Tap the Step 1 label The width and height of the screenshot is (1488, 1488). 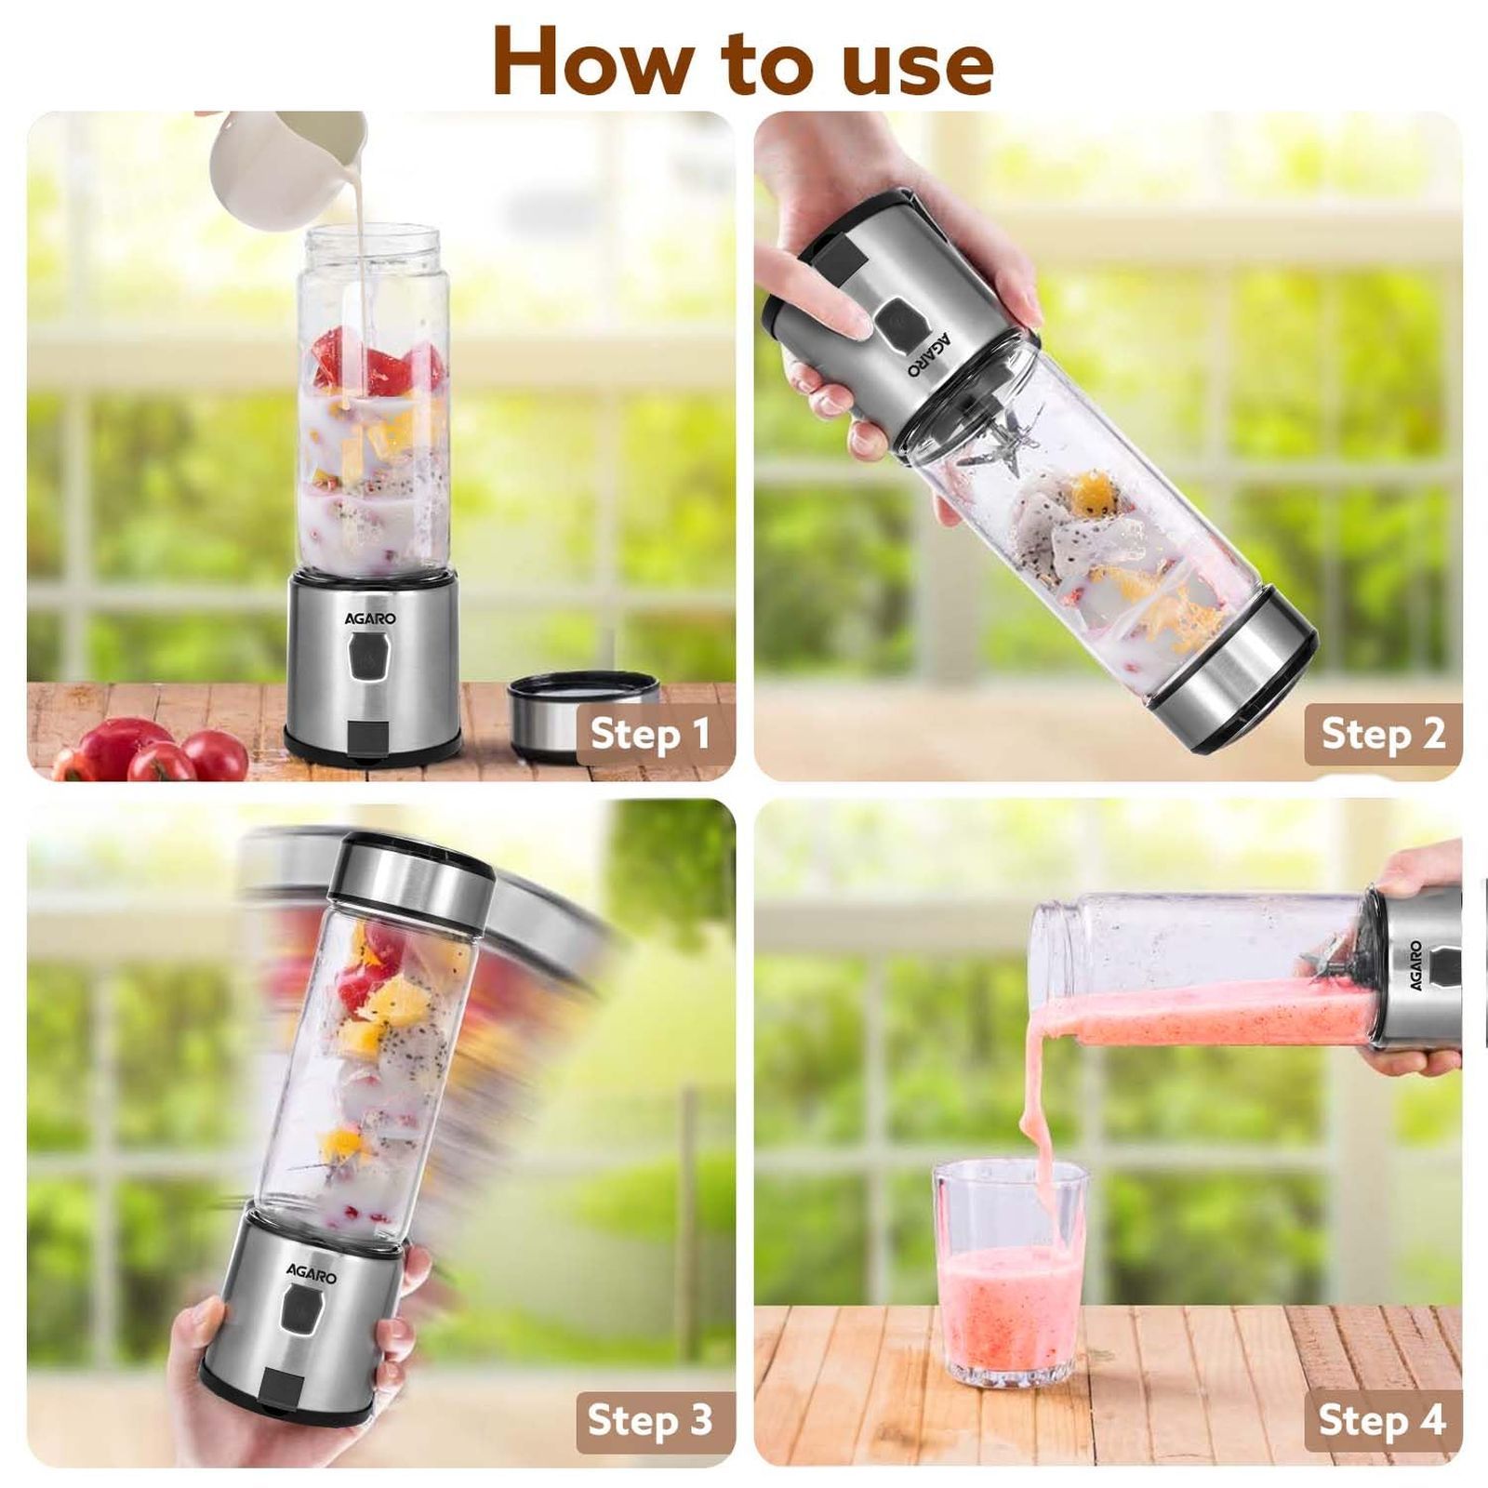point(650,734)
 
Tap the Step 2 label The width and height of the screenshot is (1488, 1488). point(1383,734)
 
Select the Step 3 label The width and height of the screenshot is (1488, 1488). point(649,1420)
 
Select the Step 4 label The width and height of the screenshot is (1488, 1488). point(1382,1420)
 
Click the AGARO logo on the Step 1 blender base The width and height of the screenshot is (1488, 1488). point(370,618)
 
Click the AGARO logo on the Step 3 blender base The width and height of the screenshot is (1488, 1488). point(312,1273)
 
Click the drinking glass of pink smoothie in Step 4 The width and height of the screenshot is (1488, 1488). point(1009,1283)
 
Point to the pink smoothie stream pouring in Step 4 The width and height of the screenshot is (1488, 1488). point(1039,1116)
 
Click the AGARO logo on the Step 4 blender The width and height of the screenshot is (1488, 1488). point(1415,965)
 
